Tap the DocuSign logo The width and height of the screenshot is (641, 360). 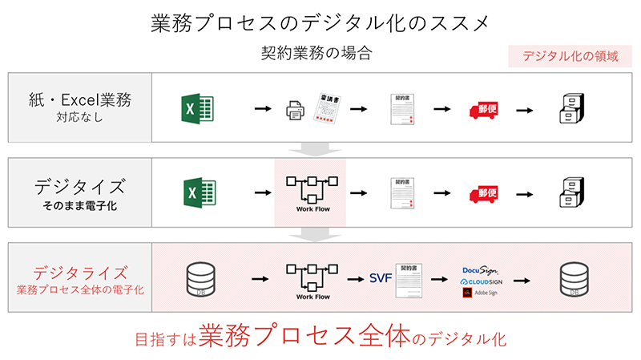(x=482, y=270)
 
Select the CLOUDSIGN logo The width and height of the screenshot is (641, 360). (x=482, y=282)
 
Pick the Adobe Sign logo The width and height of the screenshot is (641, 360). (x=480, y=293)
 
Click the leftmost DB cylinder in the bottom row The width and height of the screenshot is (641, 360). (x=196, y=279)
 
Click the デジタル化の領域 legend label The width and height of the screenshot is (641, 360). (x=570, y=57)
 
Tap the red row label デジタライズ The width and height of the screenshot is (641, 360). (x=79, y=272)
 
